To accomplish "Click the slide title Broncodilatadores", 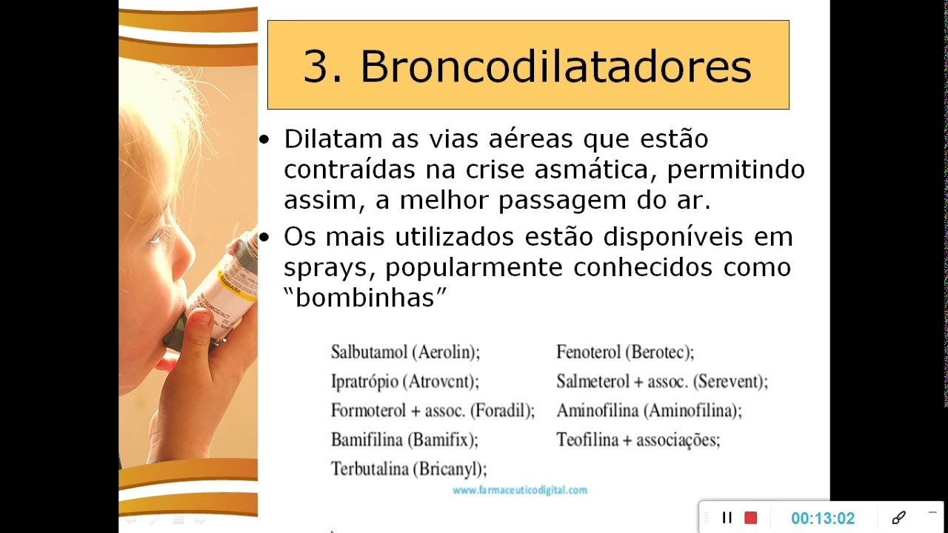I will point(527,66).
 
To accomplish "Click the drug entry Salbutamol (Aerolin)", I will point(405,352).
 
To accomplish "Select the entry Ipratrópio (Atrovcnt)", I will point(404,382).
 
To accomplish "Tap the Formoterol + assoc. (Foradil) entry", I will point(433,411).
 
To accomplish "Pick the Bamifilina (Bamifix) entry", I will point(404,440).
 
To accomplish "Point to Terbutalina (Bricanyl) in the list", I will point(408,469).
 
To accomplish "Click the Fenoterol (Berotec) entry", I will point(625,352).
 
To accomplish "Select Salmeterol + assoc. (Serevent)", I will point(662,382).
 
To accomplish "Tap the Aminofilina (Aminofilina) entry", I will point(649,411).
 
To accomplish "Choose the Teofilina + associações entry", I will point(638,440).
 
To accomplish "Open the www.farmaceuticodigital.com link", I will point(519,490).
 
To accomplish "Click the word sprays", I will point(327,267).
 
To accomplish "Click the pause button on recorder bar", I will point(727,517).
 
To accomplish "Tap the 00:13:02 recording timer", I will point(822,518).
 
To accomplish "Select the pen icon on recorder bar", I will point(898,517).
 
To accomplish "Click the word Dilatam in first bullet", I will point(333,138).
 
